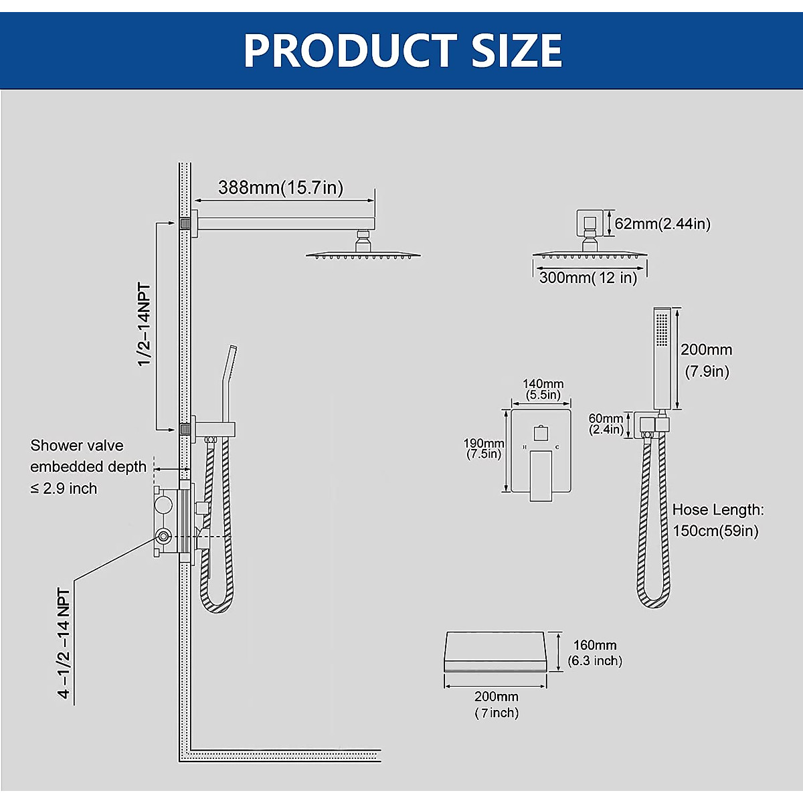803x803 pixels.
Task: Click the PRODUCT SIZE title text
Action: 402,50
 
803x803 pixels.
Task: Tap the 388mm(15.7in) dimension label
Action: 280,188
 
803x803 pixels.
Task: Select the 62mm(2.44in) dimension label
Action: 662,224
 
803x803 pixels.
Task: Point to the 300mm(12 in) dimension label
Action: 588,278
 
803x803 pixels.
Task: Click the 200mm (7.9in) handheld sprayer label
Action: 706,360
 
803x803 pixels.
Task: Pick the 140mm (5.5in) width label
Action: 543,389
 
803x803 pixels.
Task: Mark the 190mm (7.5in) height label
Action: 484,449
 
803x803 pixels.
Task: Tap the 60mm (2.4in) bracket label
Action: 606,424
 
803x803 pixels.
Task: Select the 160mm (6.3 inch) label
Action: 595,653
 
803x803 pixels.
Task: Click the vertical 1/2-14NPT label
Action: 145,325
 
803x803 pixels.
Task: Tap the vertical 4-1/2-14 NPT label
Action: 64,643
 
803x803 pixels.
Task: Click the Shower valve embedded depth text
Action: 87,466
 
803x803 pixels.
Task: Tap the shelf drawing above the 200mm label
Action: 495,650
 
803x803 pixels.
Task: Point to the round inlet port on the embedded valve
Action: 163,535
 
